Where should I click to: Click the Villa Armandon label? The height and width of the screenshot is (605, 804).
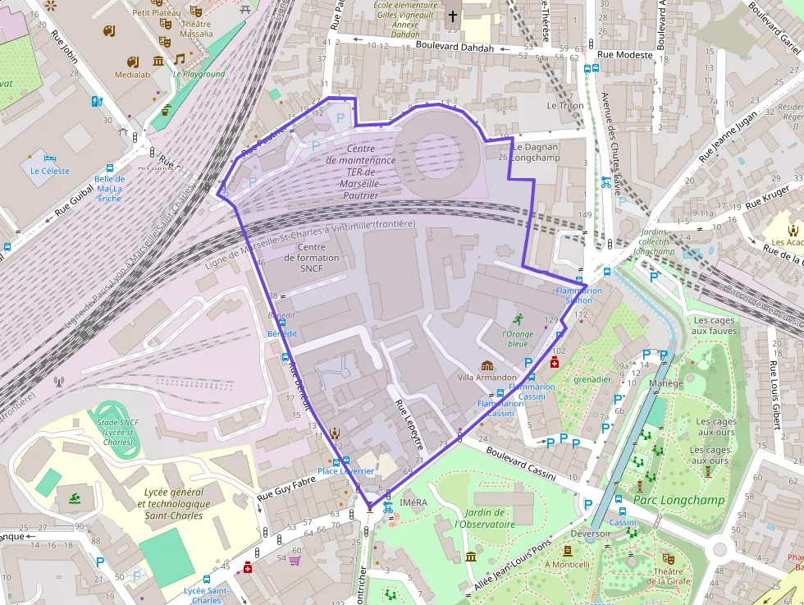tap(487, 377)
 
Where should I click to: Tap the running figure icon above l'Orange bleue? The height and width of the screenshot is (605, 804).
tap(518, 319)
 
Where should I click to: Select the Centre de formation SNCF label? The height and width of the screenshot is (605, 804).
tap(311, 258)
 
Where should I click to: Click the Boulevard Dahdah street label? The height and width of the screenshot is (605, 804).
tap(455, 48)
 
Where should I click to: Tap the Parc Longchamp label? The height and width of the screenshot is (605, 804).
tap(679, 500)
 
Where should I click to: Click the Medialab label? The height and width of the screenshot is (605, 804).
tap(132, 75)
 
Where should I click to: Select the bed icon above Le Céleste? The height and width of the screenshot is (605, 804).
tap(50, 157)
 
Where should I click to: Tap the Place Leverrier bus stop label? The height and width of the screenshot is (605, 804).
tap(345, 471)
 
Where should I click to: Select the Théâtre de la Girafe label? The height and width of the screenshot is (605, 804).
tap(668, 576)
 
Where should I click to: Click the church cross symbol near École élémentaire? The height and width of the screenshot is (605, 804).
tap(452, 16)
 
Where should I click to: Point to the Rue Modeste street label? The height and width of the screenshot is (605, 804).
tap(624, 55)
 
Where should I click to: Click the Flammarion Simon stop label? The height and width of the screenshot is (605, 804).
tap(578, 296)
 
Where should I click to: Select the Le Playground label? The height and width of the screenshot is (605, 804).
tap(199, 74)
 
